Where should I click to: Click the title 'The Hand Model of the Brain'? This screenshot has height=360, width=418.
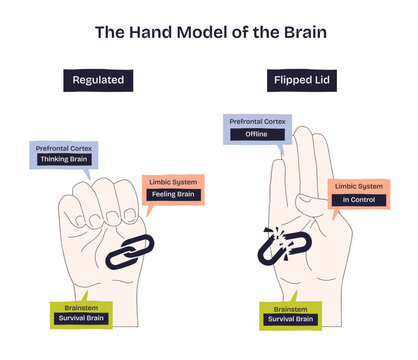point(210,32)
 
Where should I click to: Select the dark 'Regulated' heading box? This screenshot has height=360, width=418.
point(97,80)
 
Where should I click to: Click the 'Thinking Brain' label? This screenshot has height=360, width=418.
point(64,159)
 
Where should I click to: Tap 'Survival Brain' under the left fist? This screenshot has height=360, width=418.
point(82,319)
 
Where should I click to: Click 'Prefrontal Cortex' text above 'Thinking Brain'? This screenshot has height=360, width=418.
point(64,148)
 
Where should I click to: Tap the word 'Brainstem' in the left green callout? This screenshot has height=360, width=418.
point(82,307)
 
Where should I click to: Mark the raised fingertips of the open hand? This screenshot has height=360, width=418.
point(305,140)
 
